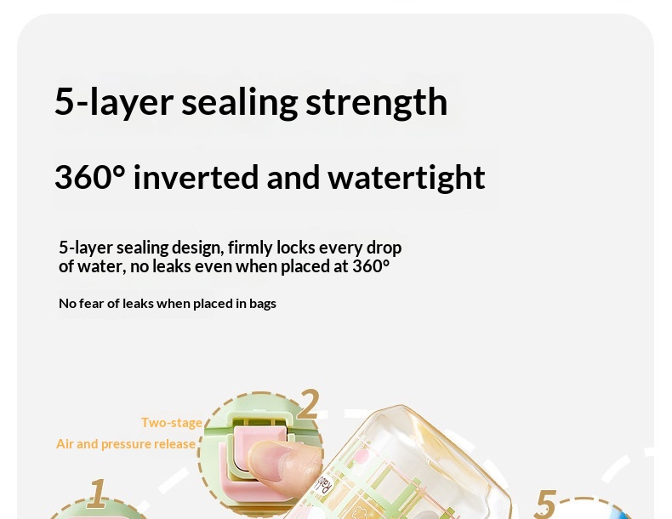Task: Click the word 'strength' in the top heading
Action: pyautogui.click(x=376, y=102)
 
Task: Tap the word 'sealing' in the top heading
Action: pyautogui.click(x=240, y=102)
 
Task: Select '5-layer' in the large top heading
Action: pyautogui.click(x=114, y=102)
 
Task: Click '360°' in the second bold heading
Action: pyautogui.click(x=90, y=177)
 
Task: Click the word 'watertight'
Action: pyautogui.click(x=407, y=178)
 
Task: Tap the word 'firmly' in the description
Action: pyautogui.click(x=250, y=248)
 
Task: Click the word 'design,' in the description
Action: pyautogui.click(x=197, y=248)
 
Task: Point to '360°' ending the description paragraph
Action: pyautogui.click(x=371, y=266)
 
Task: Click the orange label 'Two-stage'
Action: pyautogui.click(x=172, y=423)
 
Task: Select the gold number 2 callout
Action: pyautogui.click(x=308, y=404)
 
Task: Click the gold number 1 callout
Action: pyautogui.click(x=97, y=493)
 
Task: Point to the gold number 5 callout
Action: pyautogui.click(x=544, y=504)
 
